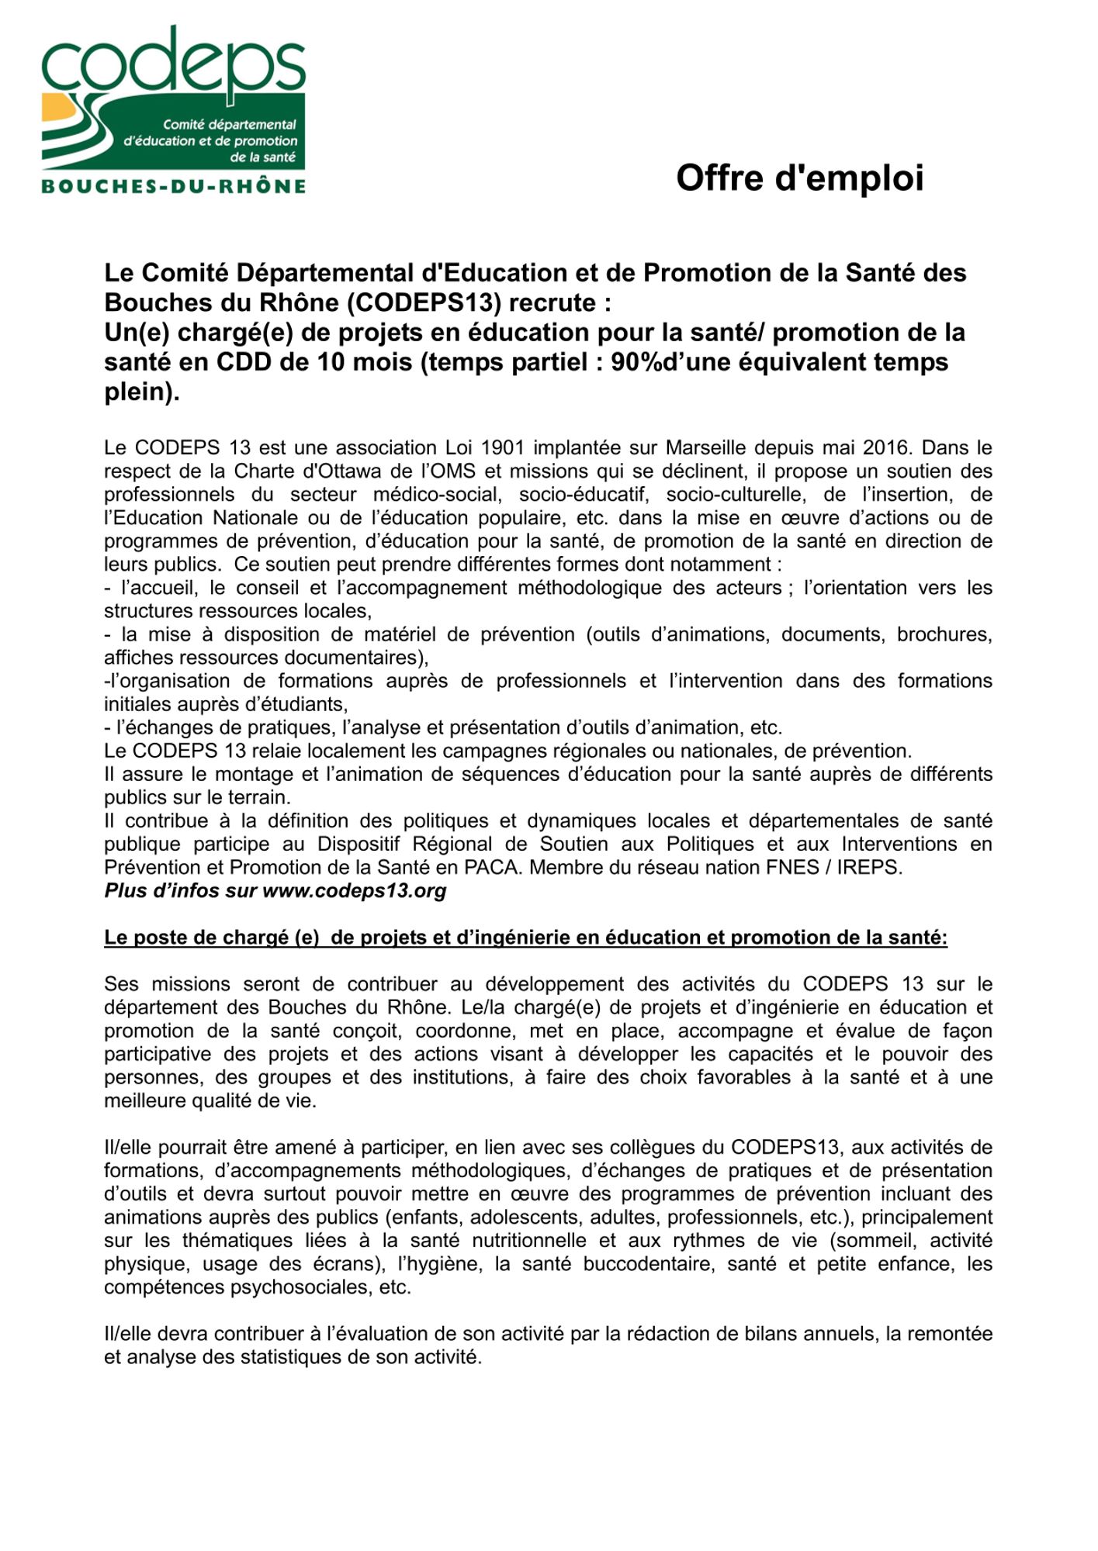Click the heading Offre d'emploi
[x=799, y=178]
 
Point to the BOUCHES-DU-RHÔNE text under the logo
[x=173, y=186]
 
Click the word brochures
[x=944, y=634]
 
